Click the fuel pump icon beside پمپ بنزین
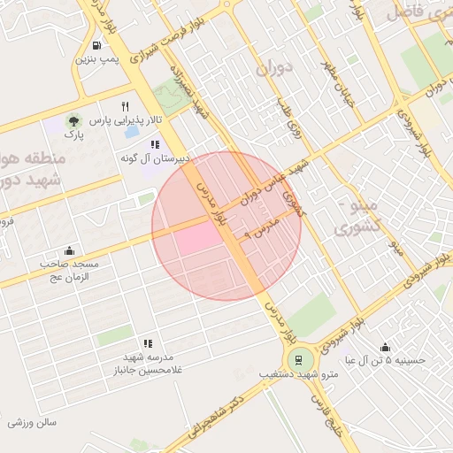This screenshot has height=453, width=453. tap(96, 45)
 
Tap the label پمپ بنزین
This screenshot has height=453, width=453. tap(96, 60)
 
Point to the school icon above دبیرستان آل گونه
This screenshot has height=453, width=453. tap(155, 143)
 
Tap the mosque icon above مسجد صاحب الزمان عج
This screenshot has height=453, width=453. tap(70, 250)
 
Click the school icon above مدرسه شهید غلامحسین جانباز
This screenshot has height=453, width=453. tap(148, 343)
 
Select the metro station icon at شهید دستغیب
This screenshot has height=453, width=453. tap(298, 359)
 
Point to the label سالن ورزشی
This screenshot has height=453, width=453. tap(33, 422)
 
